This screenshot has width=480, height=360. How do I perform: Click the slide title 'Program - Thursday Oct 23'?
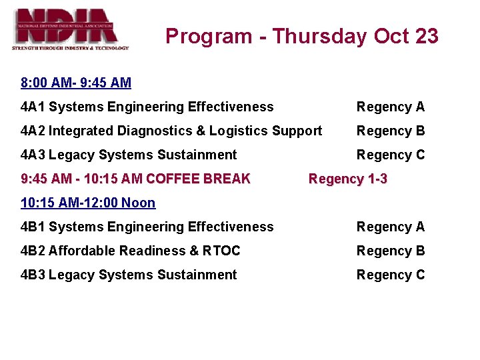pyautogui.click(x=302, y=36)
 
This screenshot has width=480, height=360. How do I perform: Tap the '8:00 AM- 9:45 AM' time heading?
pyautogui.click(x=76, y=83)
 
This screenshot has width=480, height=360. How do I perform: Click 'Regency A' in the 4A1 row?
pyautogui.click(x=390, y=107)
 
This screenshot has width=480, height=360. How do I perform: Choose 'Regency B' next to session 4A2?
pyautogui.click(x=390, y=131)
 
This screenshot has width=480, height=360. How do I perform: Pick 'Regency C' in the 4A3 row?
pyautogui.click(x=390, y=155)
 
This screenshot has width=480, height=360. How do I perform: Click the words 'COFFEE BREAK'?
pyautogui.click(x=198, y=179)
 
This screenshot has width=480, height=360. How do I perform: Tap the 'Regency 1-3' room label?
pyautogui.click(x=347, y=179)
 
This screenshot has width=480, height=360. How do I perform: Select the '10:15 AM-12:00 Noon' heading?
pyautogui.click(x=88, y=203)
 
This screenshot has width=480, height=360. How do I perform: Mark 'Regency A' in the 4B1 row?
pyautogui.click(x=390, y=227)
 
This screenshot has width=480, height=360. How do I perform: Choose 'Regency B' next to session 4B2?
pyautogui.click(x=390, y=251)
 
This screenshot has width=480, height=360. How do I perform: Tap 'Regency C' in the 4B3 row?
pyautogui.click(x=390, y=275)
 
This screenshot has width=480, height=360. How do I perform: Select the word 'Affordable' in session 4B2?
pyautogui.click(x=79, y=251)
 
